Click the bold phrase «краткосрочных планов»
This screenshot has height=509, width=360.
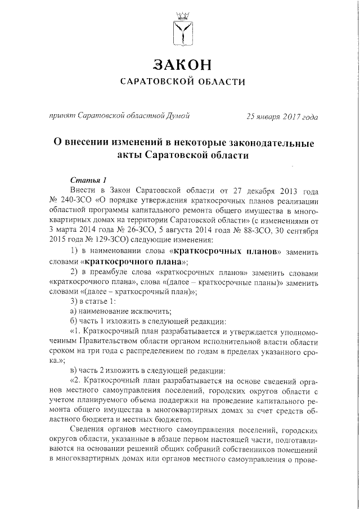[x=223, y=251]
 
